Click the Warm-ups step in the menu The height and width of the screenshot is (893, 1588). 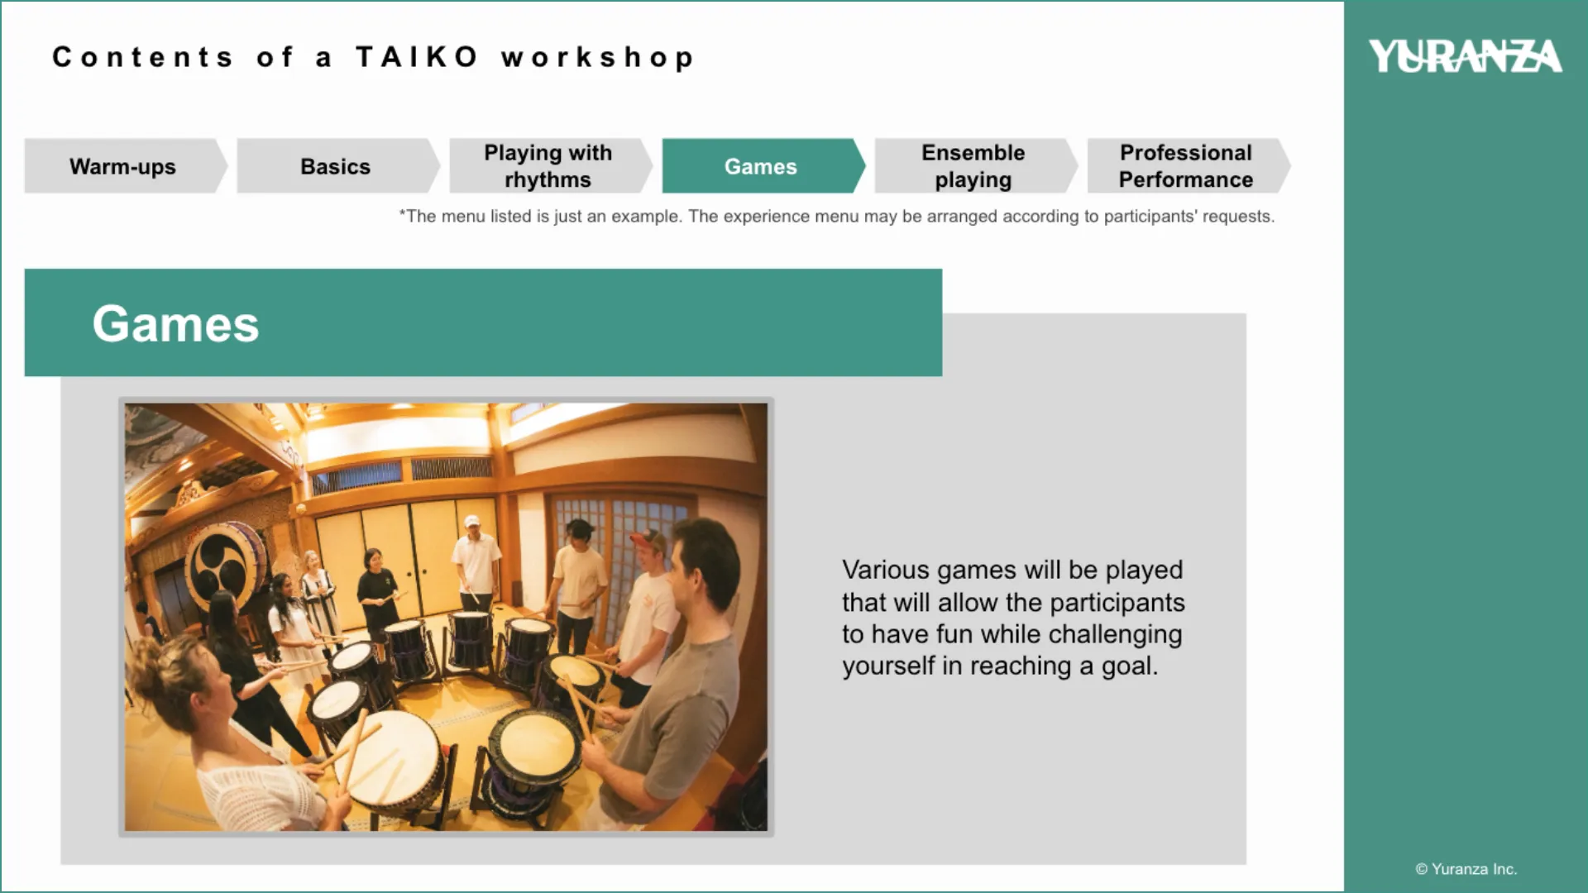coord(124,166)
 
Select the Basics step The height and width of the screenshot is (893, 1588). coord(336,166)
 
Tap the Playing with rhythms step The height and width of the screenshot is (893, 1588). coord(548,166)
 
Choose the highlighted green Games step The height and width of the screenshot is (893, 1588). coord(761,166)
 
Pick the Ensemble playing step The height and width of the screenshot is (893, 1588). coord(973,166)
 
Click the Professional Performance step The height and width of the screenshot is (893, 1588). coord(1186,166)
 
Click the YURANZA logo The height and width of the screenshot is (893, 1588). coord(1465,56)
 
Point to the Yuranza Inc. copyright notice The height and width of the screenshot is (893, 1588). coord(1466,869)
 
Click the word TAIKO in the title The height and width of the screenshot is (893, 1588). coord(417,57)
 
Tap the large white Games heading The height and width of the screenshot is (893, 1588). coord(175,323)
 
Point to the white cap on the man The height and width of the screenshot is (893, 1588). coord(472,521)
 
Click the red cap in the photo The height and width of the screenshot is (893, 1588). coord(646,539)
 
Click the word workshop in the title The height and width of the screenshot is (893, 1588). coord(597,58)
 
